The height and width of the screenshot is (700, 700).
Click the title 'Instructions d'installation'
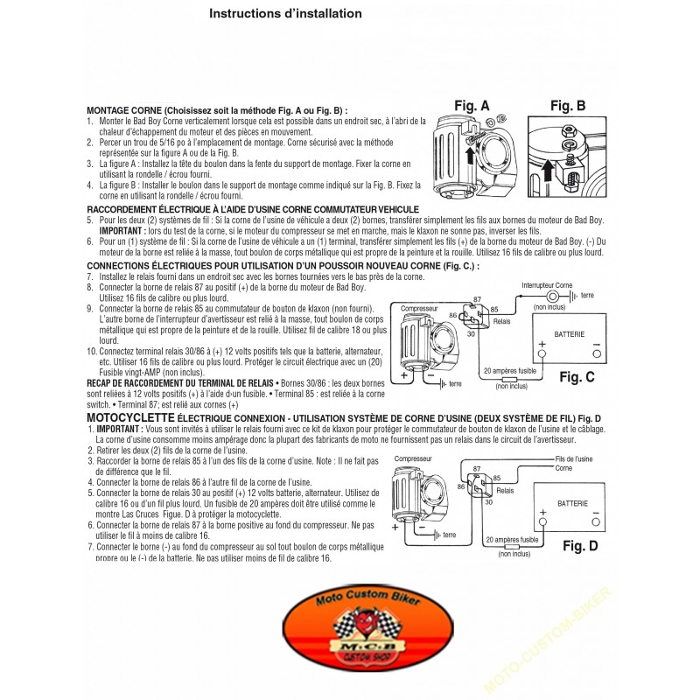coord(285,14)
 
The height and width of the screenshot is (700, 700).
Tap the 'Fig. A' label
coord(472,106)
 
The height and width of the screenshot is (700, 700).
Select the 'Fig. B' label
coord(568,106)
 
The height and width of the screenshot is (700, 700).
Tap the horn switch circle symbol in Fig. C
coord(553,297)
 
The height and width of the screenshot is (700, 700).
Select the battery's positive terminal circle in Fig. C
coord(542,353)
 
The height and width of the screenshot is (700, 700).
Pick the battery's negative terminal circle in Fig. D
coord(598,521)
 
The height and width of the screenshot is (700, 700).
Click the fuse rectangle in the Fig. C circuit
coord(512,377)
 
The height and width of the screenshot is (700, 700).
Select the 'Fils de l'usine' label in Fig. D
coord(574,458)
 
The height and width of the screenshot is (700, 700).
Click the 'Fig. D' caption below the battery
coord(579,546)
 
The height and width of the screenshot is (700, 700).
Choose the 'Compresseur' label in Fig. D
coord(413,458)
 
